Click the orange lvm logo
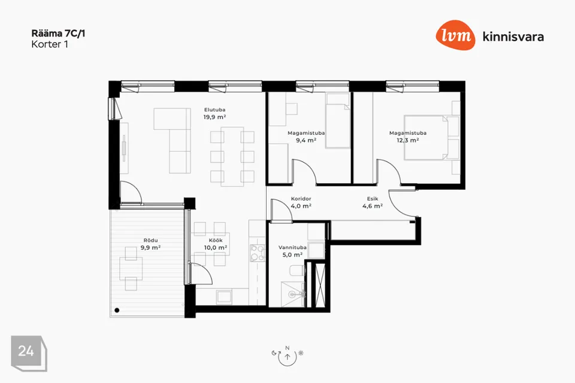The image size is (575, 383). [455, 35]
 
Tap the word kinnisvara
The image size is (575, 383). [513, 37]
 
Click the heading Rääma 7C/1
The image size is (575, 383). [58, 34]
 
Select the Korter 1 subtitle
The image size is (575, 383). [50, 44]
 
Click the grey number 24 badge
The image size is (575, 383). [29, 353]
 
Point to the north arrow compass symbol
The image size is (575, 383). [287, 356]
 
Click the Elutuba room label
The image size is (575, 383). [215, 110]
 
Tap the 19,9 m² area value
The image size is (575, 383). [215, 117]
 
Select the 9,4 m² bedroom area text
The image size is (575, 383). [306, 140]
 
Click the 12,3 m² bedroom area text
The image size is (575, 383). [408, 140]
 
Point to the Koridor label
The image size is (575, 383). [301, 199]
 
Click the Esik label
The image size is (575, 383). [373, 199]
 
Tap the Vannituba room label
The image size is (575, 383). [292, 247]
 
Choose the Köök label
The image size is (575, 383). [216, 241]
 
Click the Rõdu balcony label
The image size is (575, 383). [151, 241]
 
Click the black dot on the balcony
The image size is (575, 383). [117, 310]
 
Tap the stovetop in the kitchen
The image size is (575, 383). [258, 253]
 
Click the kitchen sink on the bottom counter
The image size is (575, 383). [224, 296]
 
